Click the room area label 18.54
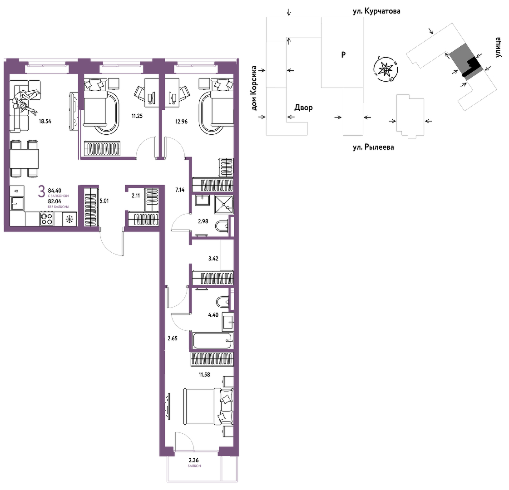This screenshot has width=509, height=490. (x=45, y=121)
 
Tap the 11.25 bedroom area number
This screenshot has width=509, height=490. (x=137, y=116)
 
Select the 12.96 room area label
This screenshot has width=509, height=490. (x=181, y=122)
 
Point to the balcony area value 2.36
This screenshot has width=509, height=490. (x=193, y=460)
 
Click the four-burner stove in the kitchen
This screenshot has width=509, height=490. (x=47, y=218)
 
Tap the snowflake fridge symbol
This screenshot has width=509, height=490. (x=69, y=219)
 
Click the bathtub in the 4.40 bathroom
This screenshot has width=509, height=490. (x=213, y=341)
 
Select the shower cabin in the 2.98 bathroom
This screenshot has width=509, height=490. (x=224, y=204)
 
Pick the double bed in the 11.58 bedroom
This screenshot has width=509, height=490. (x=208, y=407)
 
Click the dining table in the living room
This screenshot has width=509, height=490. (x=25, y=159)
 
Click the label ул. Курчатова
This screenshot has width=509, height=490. (x=376, y=11)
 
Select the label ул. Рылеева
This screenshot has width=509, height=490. (x=373, y=147)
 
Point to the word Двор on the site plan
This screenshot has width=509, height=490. (x=303, y=108)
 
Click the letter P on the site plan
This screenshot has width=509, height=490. (x=343, y=55)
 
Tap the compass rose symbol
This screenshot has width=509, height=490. (x=385, y=69)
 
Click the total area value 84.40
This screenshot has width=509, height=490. (x=54, y=191)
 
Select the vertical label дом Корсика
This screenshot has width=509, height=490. (x=254, y=88)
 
